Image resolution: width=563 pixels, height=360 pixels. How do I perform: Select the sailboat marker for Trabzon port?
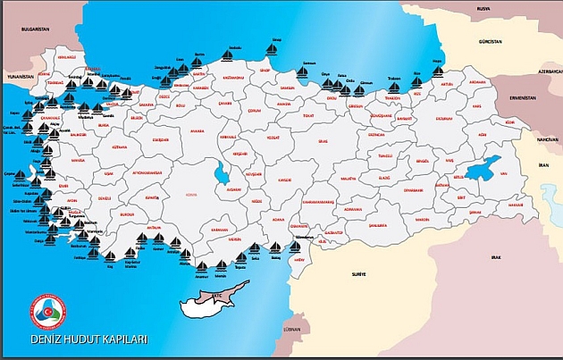click(394, 85)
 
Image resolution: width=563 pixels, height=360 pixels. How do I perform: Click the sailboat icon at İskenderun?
click(296, 247)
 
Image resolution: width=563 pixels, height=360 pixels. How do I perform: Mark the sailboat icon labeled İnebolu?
click(227, 56)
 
